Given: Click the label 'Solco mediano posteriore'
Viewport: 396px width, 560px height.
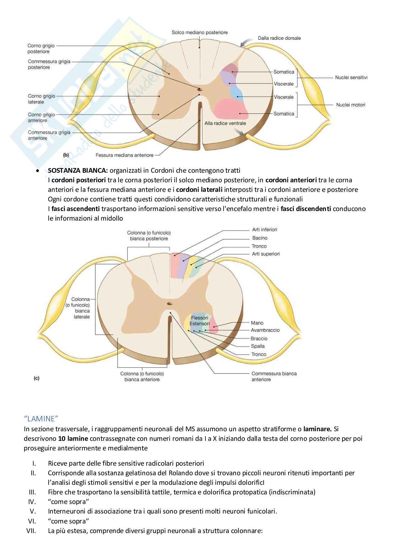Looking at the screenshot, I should [x=199, y=33].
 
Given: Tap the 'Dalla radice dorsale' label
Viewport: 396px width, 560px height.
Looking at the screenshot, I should [x=279, y=38].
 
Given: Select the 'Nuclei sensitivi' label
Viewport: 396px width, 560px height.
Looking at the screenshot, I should [x=351, y=77].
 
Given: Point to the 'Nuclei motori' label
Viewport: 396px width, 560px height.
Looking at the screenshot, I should [x=350, y=105].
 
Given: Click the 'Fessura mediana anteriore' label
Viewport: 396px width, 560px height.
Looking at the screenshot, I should [x=125, y=155].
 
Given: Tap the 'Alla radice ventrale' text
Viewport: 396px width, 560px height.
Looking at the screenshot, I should [x=225, y=123].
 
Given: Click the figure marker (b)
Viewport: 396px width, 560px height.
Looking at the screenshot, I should [x=66, y=155].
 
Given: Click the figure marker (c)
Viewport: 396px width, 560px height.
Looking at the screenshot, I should [x=37, y=378].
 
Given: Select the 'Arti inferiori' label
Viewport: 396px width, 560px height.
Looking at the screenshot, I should [x=264, y=230].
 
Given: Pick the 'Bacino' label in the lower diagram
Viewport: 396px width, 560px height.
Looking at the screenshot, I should [x=260, y=238].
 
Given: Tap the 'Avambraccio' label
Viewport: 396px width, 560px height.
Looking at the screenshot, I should [x=265, y=330].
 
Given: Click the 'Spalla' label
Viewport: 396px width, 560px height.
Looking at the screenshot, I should [x=258, y=346].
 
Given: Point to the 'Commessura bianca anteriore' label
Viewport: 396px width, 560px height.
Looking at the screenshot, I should [x=274, y=376].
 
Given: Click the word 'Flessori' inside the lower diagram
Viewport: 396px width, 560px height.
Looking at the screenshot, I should [x=199, y=318].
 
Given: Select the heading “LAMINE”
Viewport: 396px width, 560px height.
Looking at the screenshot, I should [x=40, y=419].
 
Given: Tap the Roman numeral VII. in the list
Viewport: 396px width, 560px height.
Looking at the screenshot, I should [x=31, y=531].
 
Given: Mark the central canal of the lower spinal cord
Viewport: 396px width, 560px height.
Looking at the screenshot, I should [x=170, y=304].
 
